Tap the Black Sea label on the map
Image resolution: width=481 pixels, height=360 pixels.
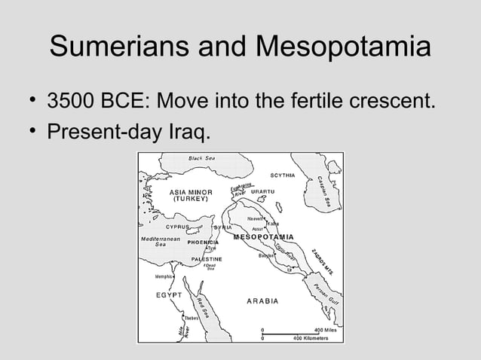202,158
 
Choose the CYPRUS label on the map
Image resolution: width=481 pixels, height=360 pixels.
178,227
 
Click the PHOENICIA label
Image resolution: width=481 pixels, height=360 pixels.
198,243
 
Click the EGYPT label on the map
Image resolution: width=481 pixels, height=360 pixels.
170,295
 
